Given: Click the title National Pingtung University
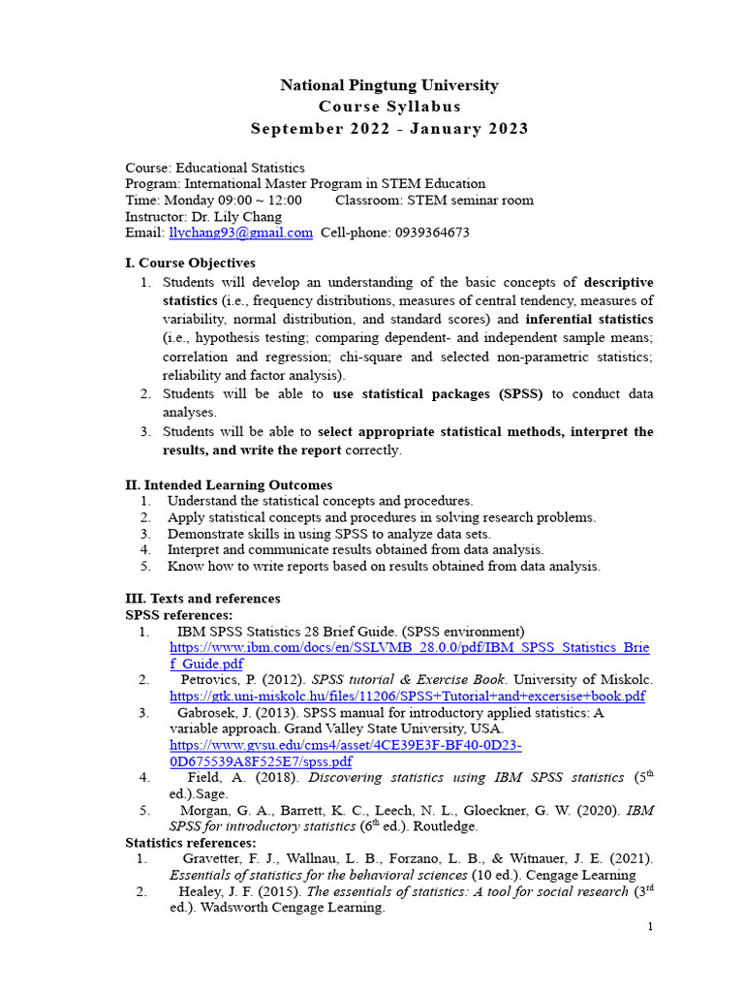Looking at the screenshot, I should pyautogui.click(x=389, y=85).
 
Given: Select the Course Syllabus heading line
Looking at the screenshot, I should pyautogui.click(x=389, y=107).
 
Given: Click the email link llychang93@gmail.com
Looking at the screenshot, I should pyautogui.click(x=240, y=232).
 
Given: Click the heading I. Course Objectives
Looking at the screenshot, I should pyautogui.click(x=191, y=263).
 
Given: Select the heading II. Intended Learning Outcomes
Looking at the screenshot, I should pyautogui.click(x=229, y=484).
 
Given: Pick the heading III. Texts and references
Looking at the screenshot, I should pyautogui.click(x=202, y=599).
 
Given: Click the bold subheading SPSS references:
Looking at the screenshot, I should pyautogui.click(x=179, y=615).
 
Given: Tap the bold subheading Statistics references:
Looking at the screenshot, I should pyautogui.click(x=191, y=843).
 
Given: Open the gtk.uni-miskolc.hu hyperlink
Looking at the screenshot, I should pyautogui.click(x=407, y=696).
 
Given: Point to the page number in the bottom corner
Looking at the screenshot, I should pyautogui.click(x=651, y=927).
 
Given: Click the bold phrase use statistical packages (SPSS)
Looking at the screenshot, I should pyautogui.click(x=438, y=394).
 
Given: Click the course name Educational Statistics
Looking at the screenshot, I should pyautogui.click(x=240, y=168).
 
